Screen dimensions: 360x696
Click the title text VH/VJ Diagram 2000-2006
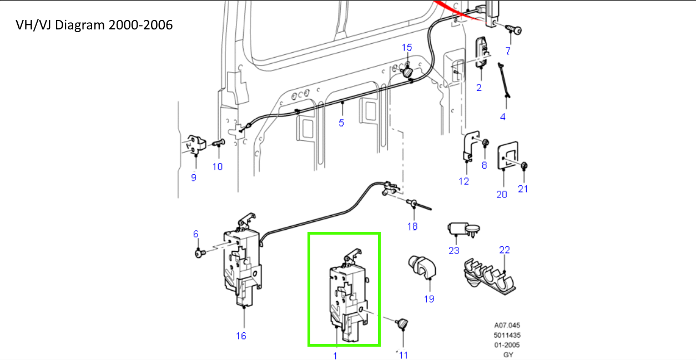(94, 25)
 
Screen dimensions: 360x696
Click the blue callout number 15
(407, 48)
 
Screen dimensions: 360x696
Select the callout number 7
(507, 52)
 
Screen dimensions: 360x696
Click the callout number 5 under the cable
(341, 123)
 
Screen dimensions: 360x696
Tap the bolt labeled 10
(218, 143)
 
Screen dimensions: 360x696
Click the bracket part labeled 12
(471, 147)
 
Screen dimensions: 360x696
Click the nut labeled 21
(524, 166)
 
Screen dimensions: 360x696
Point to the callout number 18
(412, 226)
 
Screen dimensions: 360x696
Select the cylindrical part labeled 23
(461, 229)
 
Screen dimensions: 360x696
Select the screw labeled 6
(200, 253)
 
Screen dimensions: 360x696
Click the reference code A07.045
(507, 326)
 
